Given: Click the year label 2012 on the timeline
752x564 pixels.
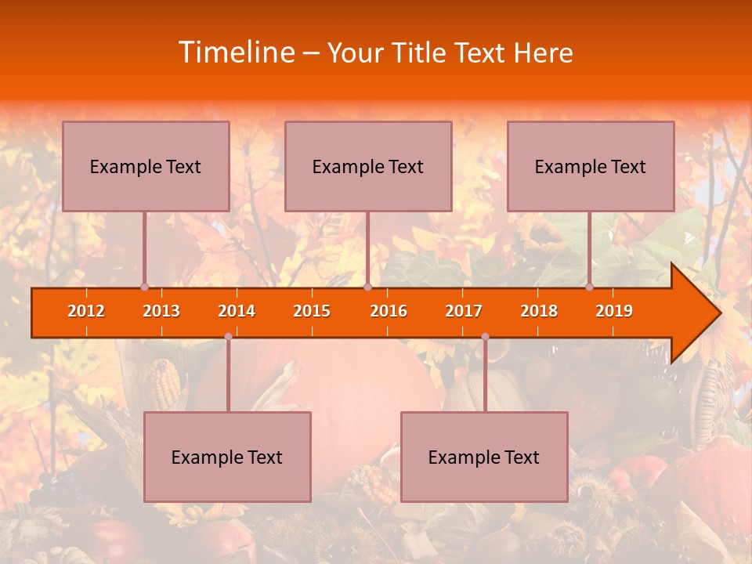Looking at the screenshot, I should [86, 311].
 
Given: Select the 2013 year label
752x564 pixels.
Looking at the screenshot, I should [161, 311].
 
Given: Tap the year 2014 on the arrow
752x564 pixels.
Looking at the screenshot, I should [237, 311].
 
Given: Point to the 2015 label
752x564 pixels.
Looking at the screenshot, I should [312, 311].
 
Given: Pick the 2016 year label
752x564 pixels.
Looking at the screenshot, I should [389, 311].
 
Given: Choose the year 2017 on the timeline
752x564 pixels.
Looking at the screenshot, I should [464, 311].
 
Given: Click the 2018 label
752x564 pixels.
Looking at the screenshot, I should [539, 311].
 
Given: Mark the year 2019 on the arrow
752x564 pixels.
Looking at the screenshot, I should [614, 311].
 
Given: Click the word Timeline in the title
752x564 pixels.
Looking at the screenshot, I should [236, 52].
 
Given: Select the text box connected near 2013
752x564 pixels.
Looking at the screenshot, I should [146, 166].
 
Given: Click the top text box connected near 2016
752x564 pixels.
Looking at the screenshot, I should [368, 166].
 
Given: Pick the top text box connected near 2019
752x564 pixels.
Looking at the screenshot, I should [591, 166].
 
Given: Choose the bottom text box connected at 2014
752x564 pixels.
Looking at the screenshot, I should [227, 457].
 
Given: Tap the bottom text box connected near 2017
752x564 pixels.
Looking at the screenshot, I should [484, 457].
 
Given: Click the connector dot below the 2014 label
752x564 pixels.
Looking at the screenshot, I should [228, 337].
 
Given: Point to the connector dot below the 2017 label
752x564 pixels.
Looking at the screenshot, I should [485, 337].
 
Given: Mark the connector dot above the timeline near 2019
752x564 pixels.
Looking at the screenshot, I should [590, 287].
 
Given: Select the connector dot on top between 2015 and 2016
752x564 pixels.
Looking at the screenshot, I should [367, 287].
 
